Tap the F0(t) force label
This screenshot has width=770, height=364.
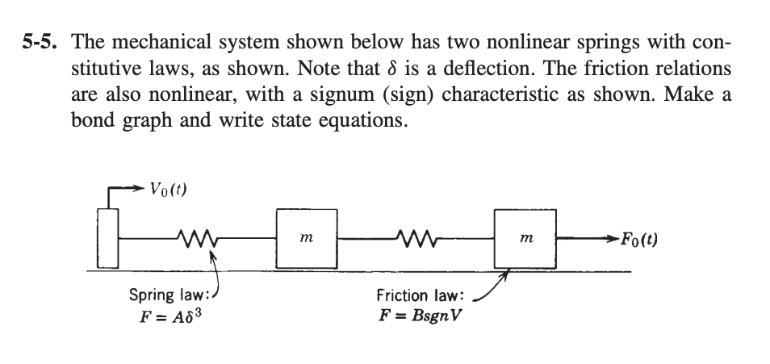(638, 240)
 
